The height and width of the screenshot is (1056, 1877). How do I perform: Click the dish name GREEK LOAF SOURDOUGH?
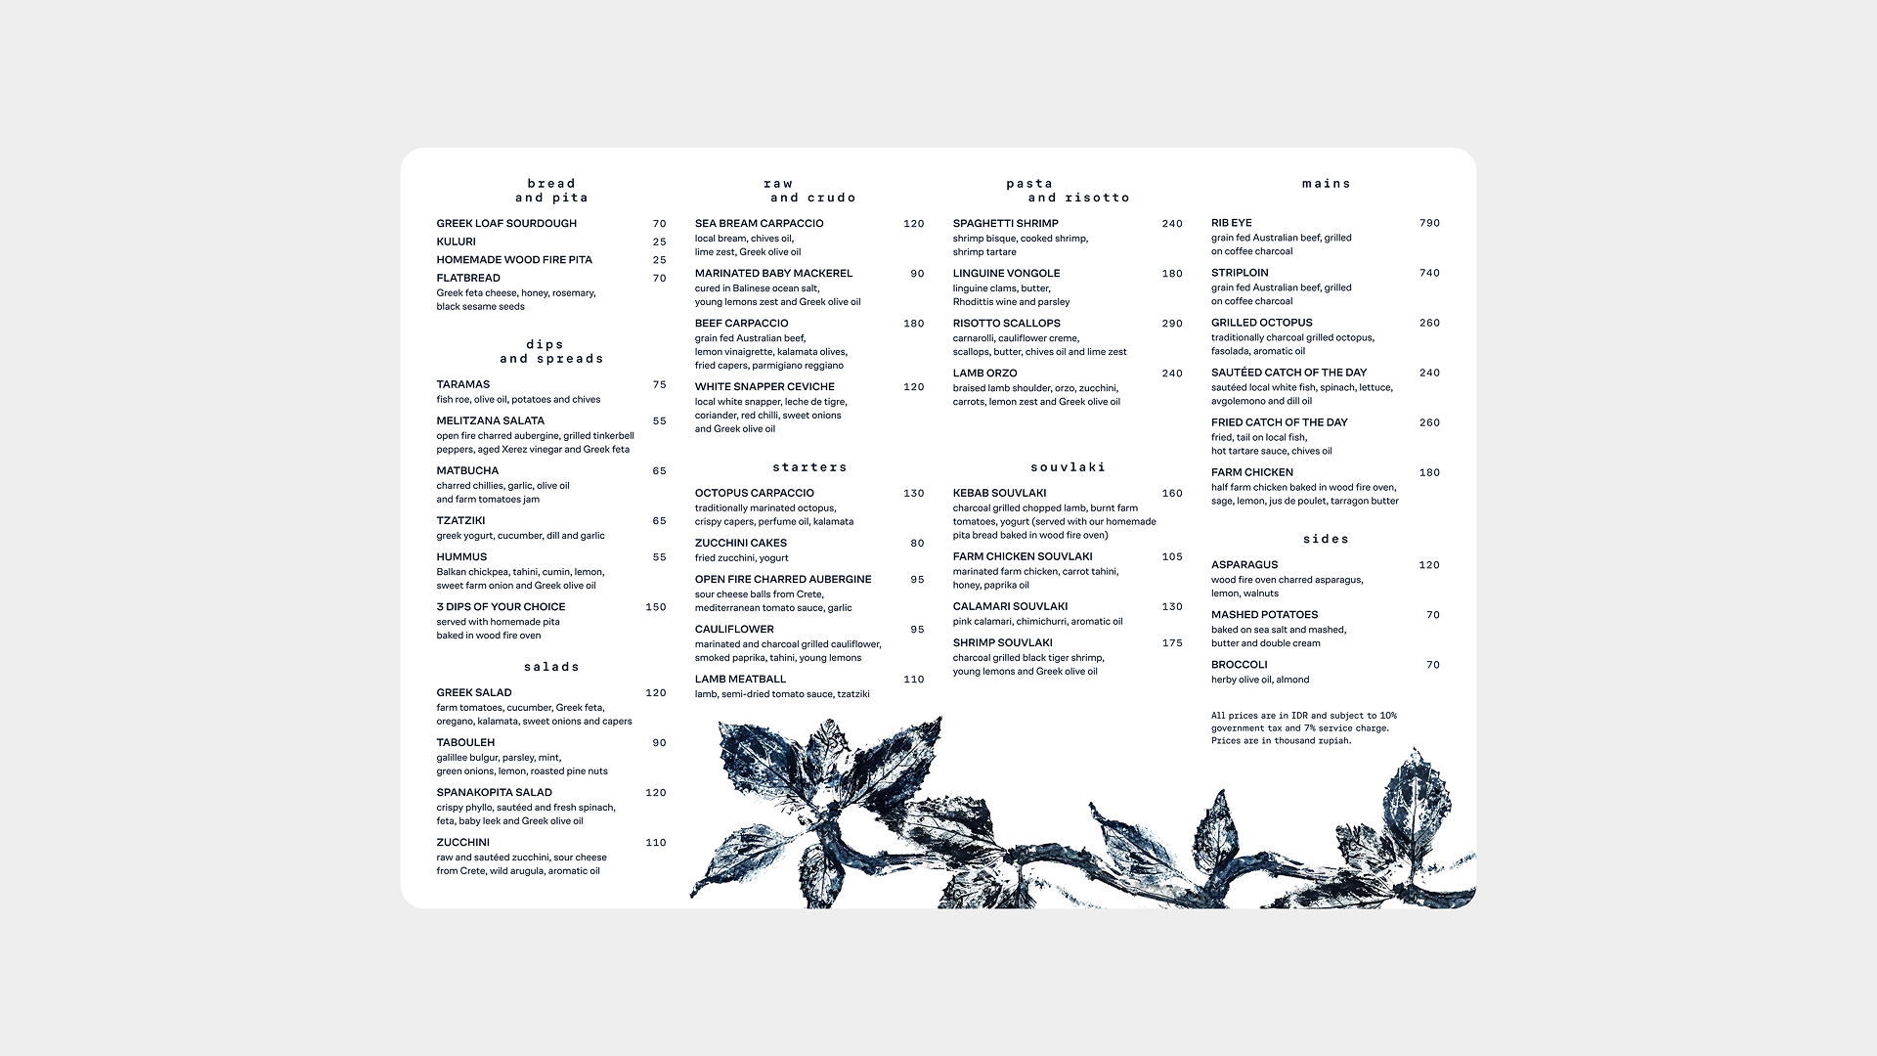click(x=506, y=224)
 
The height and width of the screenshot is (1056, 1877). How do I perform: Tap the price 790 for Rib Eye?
click(x=1429, y=224)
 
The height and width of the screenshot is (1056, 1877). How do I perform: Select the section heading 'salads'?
click(x=551, y=667)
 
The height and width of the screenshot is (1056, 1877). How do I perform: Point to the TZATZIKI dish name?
click(x=460, y=521)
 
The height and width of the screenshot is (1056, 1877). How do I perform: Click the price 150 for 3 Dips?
click(x=656, y=607)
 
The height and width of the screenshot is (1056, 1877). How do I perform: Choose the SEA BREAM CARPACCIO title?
click(x=759, y=224)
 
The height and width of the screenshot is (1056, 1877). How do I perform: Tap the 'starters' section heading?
click(x=809, y=467)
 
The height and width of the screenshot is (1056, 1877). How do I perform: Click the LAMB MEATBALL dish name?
click(x=740, y=680)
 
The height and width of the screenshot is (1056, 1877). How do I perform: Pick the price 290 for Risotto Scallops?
click(x=1172, y=324)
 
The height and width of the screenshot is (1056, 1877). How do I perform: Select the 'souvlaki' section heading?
click(x=1068, y=467)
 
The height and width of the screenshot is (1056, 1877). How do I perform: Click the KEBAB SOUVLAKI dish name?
click(x=999, y=494)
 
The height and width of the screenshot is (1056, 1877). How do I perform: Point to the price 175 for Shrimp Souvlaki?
click(x=1172, y=643)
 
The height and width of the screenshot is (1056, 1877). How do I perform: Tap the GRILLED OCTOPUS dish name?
click(x=1261, y=323)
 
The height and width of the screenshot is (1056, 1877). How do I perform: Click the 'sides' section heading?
click(x=1326, y=540)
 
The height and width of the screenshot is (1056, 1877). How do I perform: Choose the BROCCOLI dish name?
click(x=1239, y=665)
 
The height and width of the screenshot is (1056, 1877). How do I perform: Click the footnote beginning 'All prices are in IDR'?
click(x=1304, y=728)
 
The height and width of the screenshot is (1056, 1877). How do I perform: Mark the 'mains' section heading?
click(x=1326, y=184)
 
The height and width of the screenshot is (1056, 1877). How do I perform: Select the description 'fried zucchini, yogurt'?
click(x=741, y=558)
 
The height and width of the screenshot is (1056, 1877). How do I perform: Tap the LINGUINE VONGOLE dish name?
click(x=1006, y=274)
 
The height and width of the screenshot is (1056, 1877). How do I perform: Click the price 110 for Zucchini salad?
click(x=656, y=843)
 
